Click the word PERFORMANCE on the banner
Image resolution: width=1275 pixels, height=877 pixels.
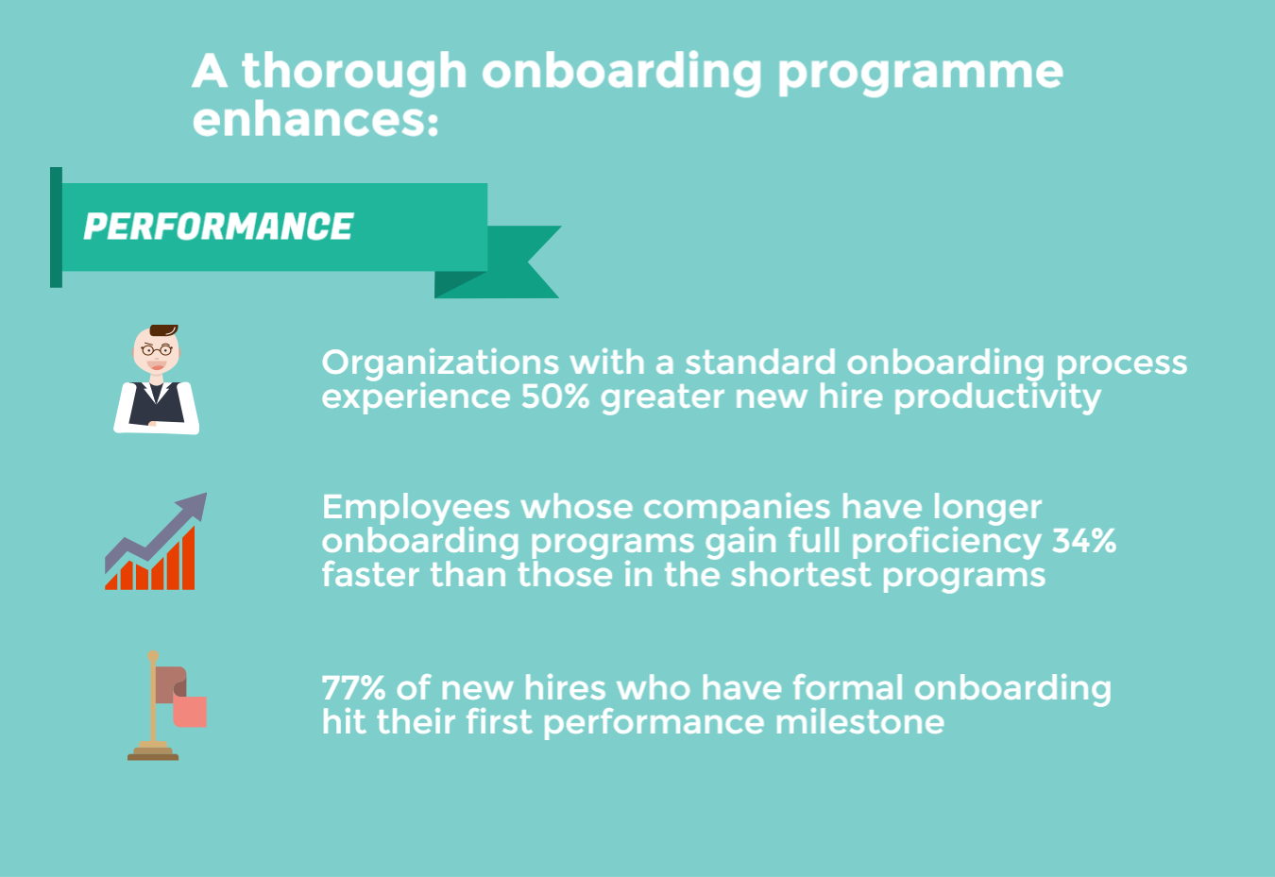[x=218, y=227]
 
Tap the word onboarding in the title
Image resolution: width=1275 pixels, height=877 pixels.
[x=620, y=72]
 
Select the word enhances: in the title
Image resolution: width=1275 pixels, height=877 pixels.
[x=315, y=120]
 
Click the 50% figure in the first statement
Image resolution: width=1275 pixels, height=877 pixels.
[x=555, y=396]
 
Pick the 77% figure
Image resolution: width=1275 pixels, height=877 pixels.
[x=353, y=687]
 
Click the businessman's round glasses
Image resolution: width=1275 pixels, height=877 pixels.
[x=156, y=350]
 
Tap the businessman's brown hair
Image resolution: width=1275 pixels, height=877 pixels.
[x=162, y=329]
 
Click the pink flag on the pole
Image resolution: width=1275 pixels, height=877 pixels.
[x=190, y=710]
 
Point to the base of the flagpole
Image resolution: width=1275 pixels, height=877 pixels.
[x=153, y=753]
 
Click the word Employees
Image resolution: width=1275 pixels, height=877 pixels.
[x=415, y=507]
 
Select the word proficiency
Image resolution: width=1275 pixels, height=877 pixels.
[x=945, y=541]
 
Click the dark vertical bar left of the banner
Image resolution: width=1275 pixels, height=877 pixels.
[x=56, y=228]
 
